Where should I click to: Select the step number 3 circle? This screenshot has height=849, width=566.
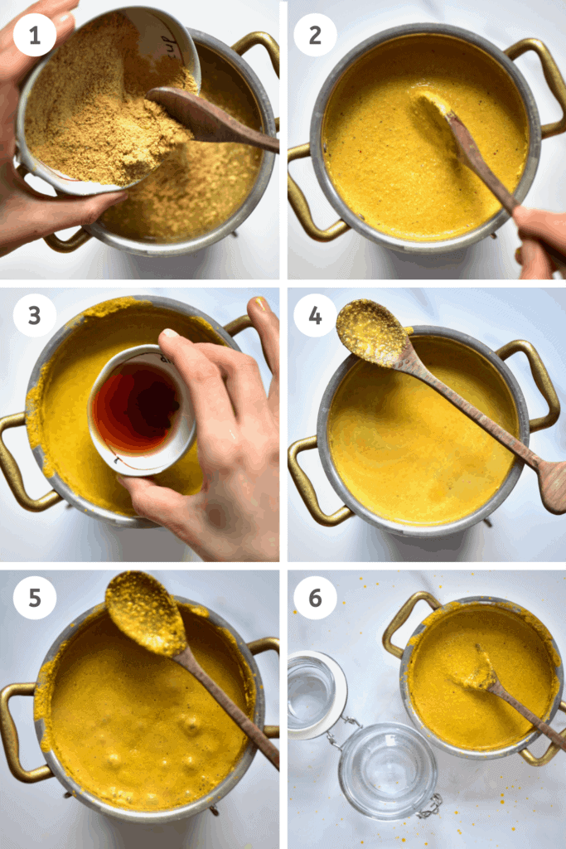[x=35, y=316]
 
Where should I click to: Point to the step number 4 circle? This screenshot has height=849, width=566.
[x=316, y=316]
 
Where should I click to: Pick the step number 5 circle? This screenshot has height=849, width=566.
[x=35, y=598]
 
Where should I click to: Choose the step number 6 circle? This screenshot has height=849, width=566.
[x=316, y=598]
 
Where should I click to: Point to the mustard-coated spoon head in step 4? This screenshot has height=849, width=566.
[x=371, y=332]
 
